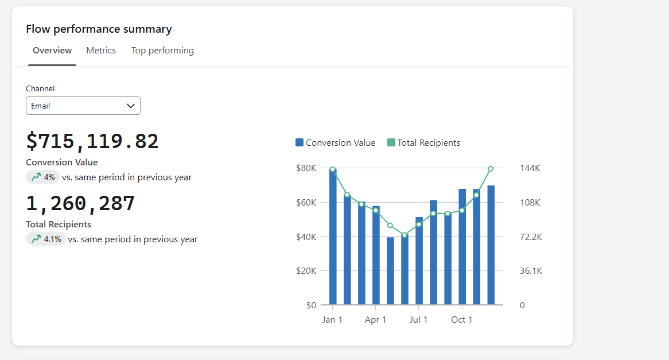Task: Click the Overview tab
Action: click(52, 51)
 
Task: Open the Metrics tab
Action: click(101, 51)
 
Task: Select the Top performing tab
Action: click(162, 51)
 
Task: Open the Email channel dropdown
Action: click(83, 106)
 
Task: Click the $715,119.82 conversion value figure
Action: click(92, 141)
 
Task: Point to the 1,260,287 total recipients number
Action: click(80, 203)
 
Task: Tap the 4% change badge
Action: click(43, 177)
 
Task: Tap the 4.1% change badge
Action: click(46, 239)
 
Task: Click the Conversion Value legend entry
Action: click(336, 143)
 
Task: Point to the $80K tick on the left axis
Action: click(306, 168)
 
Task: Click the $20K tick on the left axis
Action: click(306, 271)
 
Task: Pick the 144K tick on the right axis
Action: click(530, 168)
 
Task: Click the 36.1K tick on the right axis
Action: click(531, 271)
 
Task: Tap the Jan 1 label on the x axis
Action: click(332, 320)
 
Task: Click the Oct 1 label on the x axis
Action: click(462, 320)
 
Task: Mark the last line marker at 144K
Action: click(491, 169)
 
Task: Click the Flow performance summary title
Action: click(99, 29)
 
